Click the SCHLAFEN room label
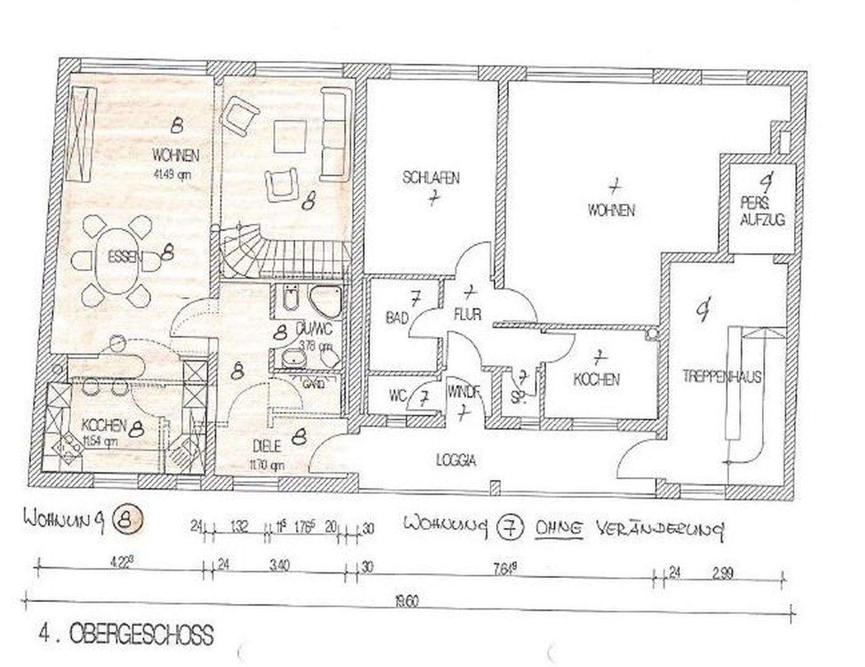pyautogui.click(x=431, y=178)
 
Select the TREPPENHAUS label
pyautogui.click(x=721, y=375)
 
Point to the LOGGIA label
pyautogui.click(x=456, y=459)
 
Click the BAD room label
pyautogui.click(x=397, y=318)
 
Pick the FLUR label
pyautogui.click(x=468, y=314)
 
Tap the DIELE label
pyautogui.click(x=267, y=445)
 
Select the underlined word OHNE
pyautogui.click(x=560, y=529)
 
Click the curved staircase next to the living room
pyautogui.click(x=247, y=250)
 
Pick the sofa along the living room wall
pyautogui.click(x=335, y=134)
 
